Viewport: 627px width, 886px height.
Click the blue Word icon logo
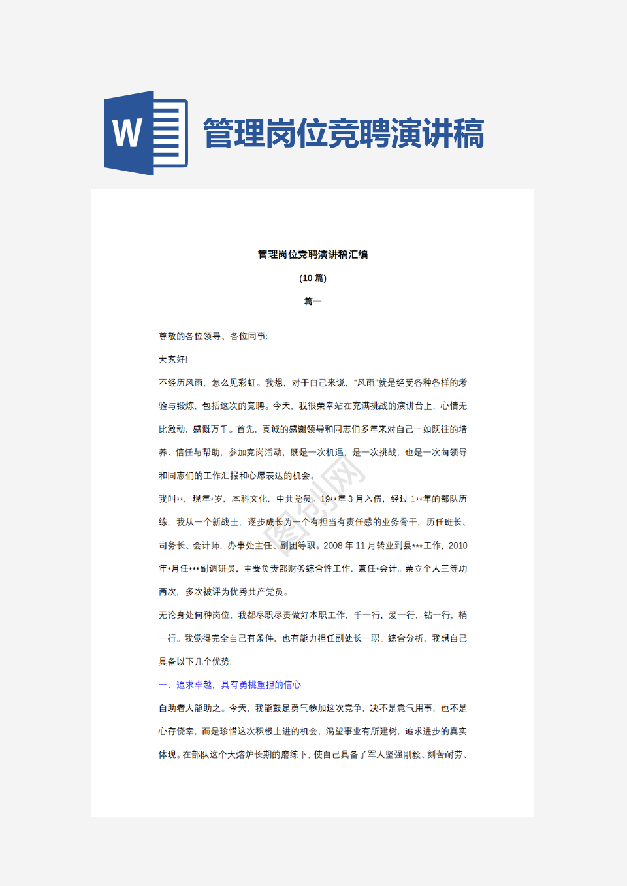click(x=146, y=133)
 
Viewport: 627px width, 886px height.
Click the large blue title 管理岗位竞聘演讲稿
click(x=344, y=134)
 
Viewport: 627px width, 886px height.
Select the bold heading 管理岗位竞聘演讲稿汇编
click(x=313, y=254)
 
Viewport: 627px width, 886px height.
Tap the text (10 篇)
click(x=313, y=278)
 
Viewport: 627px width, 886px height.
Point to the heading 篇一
click(x=313, y=301)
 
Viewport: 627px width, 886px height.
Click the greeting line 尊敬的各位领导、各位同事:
click(x=213, y=336)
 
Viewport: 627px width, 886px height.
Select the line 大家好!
click(x=173, y=359)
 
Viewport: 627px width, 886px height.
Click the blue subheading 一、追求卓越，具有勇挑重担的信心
click(x=230, y=685)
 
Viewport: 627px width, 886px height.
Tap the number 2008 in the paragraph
click(x=333, y=545)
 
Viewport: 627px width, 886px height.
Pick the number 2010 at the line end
click(x=457, y=545)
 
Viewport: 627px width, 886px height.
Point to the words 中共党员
click(x=294, y=499)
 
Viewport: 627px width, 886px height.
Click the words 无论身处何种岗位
click(x=195, y=615)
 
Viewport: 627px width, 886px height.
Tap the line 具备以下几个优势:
click(x=195, y=661)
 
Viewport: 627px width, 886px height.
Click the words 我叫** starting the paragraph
click(x=171, y=499)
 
